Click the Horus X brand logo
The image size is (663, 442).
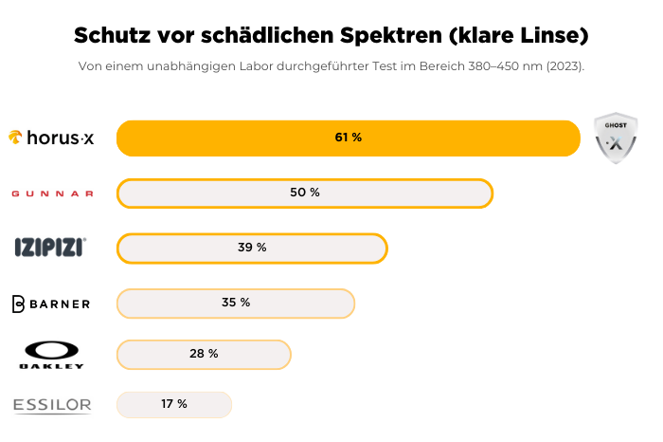(x=51, y=138)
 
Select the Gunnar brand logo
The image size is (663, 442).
(x=52, y=193)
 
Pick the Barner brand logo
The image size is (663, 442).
(x=51, y=304)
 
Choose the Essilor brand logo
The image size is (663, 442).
(x=52, y=406)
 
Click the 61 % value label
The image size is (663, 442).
(x=348, y=138)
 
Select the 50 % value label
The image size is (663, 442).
(x=305, y=193)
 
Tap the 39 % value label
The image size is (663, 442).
(x=252, y=248)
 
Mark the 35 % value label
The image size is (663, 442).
(x=235, y=303)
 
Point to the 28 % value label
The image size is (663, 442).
(x=204, y=354)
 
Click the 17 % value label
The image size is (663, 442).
(x=173, y=404)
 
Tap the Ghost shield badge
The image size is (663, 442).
(x=615, y=138)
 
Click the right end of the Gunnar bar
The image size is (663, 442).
(x=490, y=193)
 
